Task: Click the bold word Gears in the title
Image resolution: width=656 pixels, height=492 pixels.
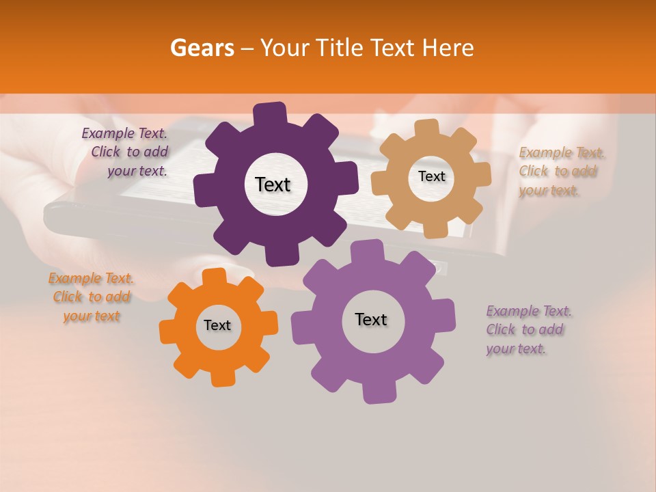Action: coord(201,47)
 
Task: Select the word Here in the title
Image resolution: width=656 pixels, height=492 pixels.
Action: coord(449,47)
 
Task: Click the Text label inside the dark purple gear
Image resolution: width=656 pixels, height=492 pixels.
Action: coord(273,184)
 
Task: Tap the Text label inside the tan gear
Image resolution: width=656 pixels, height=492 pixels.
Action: coord(431,176)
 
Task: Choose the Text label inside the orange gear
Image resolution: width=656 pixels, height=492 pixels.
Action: coord(217,326)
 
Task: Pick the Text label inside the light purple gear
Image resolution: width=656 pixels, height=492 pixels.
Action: coord(371,320)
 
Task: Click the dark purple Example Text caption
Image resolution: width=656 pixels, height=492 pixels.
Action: coord(126,152)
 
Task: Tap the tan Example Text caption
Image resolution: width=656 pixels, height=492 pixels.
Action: coord(561,172)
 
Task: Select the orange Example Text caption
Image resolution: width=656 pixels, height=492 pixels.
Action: coord(91,297)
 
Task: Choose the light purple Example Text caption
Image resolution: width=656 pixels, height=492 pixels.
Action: coord(528,330)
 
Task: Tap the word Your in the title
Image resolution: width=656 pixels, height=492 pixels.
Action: coord(285,47)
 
